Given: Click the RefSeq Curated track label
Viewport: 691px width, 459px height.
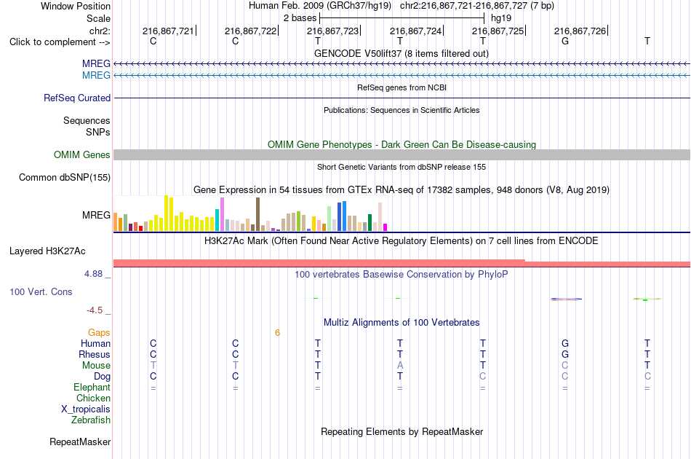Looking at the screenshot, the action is pyautogui.click(x=77, y=98).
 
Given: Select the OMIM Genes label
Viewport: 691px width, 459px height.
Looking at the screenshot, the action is pyautogui.click(x=82, y=155).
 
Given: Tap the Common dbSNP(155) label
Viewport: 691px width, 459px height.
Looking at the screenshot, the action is pyautogui.click(x=65, y=178).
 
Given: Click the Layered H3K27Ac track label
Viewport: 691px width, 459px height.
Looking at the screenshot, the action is pyautogui.click(x=47, y=251).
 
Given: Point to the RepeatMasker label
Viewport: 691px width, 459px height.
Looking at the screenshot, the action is pyautogui.click(x=80, y=442).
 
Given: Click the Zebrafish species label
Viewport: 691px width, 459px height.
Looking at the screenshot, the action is pyautogui.click(x=91, y=420).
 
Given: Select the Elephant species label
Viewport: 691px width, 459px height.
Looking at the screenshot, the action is pyautogui.click(x=92, y=387).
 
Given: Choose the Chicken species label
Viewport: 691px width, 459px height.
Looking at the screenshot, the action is pyautogui.click(x=93, y=398).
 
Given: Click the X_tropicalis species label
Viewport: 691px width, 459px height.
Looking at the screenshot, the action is pyautogui.click(x=86, y=409).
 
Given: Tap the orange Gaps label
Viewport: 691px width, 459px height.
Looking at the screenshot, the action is pyautogui.click(x=99, y=332).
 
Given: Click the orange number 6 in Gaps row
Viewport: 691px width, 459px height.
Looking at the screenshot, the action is pyautogui.click(x=277, y=333).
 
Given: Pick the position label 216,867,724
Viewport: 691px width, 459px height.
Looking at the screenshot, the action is pyautogui.click(x=415, y=31).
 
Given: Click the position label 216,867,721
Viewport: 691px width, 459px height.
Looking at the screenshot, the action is pyautogui.click(x=168, y=31).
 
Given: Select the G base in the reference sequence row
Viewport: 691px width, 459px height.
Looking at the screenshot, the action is pyautogui.click(x=565, y=41).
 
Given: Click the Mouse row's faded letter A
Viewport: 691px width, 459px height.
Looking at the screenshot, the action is pyautogui.click(x=400, y=366).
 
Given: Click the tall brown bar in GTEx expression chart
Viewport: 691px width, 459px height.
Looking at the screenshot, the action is pyautogui.click(x=257, y=214).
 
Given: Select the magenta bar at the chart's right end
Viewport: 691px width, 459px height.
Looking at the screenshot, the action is pyautogui.click(x=386, y=227).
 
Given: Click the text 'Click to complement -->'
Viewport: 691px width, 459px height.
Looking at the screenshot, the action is pyautogui.click(x=60, y=42).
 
